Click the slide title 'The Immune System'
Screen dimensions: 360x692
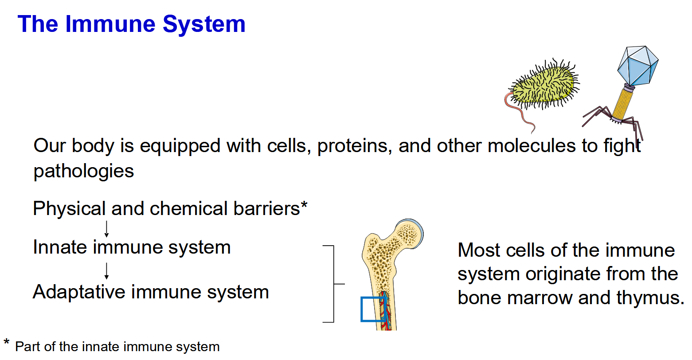tap(131, 24)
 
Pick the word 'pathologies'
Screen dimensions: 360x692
tap(84, 171)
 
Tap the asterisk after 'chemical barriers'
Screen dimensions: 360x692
tap(304, 206)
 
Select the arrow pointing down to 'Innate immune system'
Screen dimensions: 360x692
tap(106, 229)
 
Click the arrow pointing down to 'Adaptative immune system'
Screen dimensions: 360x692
tap(106, 270)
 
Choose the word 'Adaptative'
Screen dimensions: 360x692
tap(79, 292)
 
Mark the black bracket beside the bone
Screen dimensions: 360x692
tap(333, 284)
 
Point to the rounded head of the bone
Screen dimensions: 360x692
tap(408, 233)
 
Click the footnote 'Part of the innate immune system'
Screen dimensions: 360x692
tap(117, 347)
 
